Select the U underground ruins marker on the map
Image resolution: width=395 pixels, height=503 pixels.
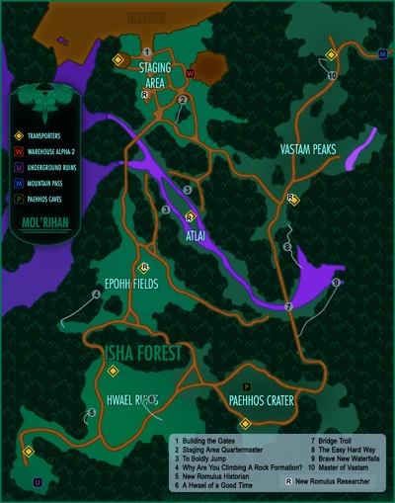pos(38,482)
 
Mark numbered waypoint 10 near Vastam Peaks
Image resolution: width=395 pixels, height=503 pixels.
pos(332,75)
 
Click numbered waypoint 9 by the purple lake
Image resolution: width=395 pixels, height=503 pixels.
pos(336,283)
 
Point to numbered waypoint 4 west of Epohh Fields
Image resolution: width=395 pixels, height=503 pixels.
pos(96,293)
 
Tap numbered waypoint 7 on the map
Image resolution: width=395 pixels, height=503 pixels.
pos(288,307)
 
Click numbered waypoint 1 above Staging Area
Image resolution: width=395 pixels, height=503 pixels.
pos(147,51)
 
